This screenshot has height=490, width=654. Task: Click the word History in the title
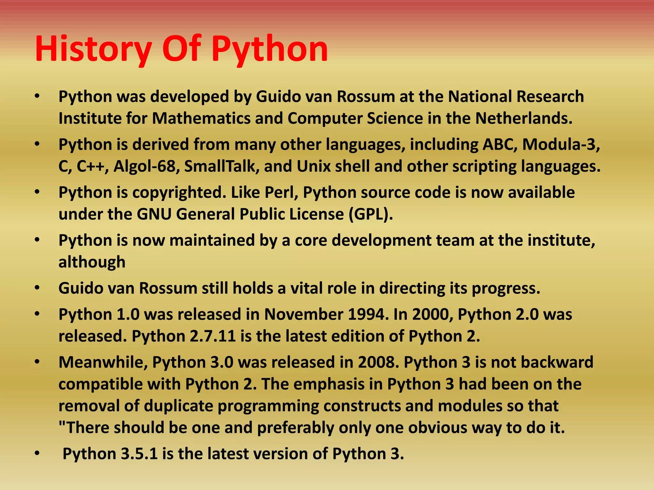[x=93, y=49]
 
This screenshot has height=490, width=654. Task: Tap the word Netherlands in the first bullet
[x=523, y=118]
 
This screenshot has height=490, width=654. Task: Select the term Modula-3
[x=561, y=145]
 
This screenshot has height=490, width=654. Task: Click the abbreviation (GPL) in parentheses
[x=370, y=214]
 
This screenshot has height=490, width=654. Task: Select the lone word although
[x=92, y=262]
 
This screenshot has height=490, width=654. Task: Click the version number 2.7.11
[x=213, y=336]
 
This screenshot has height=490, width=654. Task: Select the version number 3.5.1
[x=139, y=454]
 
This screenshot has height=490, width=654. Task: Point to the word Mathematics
[x=201, y=118]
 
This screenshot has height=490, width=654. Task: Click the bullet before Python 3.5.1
[x=37, y=453]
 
